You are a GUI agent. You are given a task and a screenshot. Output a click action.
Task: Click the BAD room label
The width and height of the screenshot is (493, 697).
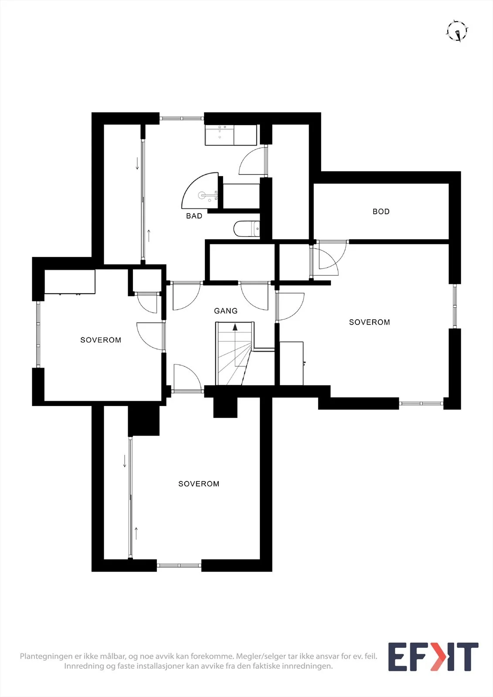194,216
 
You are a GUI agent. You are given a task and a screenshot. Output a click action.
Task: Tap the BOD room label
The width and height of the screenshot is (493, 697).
381,212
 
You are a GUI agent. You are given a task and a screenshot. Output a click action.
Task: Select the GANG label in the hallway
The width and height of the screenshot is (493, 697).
226,311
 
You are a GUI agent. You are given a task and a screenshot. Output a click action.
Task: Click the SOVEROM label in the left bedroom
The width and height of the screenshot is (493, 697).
101,340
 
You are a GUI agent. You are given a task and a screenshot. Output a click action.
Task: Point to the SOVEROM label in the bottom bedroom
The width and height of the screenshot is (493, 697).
199,484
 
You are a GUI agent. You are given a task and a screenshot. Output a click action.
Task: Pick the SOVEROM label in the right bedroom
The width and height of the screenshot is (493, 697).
369,322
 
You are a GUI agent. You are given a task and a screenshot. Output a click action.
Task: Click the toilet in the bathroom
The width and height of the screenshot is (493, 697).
246,229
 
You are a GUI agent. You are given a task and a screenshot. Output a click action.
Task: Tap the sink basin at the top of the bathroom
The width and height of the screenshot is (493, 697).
220,135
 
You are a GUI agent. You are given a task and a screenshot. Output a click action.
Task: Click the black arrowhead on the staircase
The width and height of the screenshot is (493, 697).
235,327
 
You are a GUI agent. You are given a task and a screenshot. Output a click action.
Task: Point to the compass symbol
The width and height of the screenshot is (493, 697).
457,31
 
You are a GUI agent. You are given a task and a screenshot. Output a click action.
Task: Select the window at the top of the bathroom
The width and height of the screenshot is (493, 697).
182,118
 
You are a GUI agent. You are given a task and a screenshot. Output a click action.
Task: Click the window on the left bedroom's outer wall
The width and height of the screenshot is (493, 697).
38,335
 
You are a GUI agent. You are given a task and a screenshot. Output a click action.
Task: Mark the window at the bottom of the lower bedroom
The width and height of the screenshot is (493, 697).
179,565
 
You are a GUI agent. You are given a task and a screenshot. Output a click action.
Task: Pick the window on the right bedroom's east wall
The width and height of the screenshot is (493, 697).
455,306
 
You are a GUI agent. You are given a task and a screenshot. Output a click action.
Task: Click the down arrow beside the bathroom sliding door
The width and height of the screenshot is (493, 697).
137,164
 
